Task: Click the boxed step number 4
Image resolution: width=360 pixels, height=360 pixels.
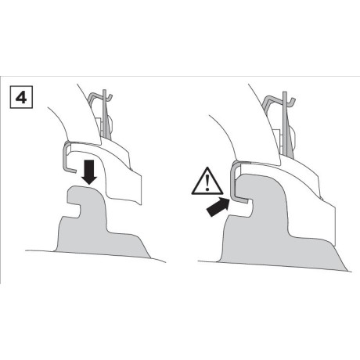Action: point(21,97)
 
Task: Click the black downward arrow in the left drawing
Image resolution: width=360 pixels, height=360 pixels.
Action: point(89,172)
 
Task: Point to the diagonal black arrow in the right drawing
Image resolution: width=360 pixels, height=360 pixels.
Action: point(218,207)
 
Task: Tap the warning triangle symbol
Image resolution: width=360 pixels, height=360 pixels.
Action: point(207,181)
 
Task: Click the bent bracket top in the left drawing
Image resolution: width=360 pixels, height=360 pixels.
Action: point(100,97)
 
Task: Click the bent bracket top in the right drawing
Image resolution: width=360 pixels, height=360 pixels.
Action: point(279,99)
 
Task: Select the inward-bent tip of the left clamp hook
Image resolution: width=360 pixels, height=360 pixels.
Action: point(72,171)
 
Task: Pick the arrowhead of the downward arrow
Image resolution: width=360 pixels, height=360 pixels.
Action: point(89,180)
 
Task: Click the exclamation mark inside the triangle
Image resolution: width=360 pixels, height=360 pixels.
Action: point(207,182)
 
